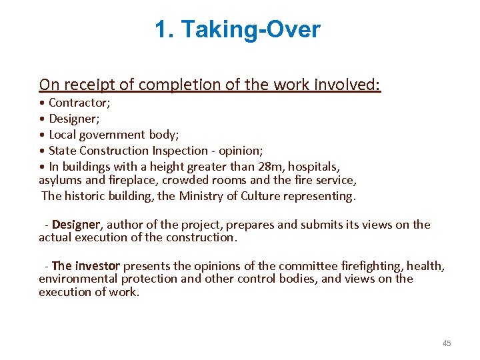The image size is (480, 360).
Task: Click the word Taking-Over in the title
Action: pyautogui.click(x=251, y=30)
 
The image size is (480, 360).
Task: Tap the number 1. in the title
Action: pyautogui.click(x=164, y=30)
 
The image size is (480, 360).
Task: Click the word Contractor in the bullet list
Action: pyautogui.click(x=79, y=103)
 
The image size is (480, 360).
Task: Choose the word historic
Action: pyautogui.click(x=88, y=196)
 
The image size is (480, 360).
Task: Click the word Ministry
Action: pyautogui.click(x=202, y=196)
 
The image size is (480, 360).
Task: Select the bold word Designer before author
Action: pyautogui.click(x=75, y=225)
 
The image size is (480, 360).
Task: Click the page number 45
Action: pyautogui.click(x=447, y=343)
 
